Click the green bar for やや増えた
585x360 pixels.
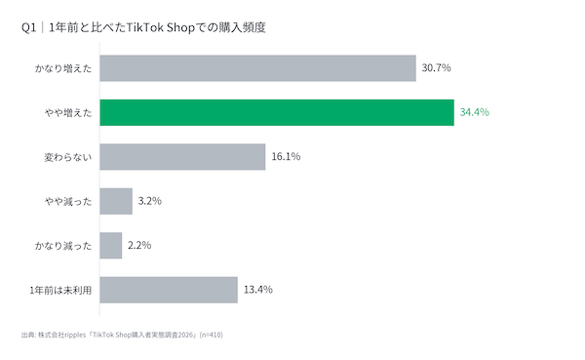277,112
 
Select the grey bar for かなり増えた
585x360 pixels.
257,68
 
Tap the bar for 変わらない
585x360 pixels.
182,157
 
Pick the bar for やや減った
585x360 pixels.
116,201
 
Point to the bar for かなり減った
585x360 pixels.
111,245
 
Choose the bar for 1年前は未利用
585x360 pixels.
169,290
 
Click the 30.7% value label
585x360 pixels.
436,67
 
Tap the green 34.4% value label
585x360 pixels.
474,112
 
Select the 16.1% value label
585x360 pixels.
286,156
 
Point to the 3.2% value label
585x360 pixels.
149,201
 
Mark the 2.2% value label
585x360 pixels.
139,245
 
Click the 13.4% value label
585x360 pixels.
257,290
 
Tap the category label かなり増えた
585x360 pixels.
63,68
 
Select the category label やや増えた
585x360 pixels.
68,113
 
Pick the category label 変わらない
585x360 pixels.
68,157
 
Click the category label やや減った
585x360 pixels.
68,202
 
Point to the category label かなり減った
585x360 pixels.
63,246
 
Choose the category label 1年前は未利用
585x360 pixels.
60,290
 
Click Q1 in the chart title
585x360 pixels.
28,27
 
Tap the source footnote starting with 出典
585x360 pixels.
122,335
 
